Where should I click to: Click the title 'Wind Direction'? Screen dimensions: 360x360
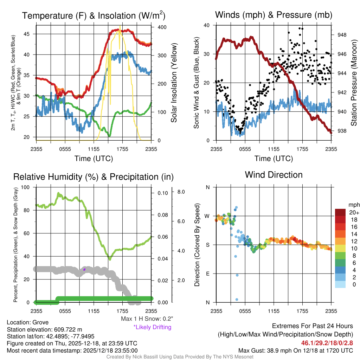point(274,175)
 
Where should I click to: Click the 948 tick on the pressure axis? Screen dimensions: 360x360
point(342,35)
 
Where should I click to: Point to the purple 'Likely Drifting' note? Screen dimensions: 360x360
point(152,327)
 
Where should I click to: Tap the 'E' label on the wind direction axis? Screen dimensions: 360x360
point(207,274)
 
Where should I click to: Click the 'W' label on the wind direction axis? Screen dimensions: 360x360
point(207,216)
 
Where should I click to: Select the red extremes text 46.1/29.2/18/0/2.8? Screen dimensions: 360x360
point(327,343)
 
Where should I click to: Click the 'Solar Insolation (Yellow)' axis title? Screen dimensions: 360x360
point(174,83)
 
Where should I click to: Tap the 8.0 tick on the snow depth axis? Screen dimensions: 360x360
point(181,192)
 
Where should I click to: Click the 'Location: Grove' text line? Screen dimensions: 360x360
point(28,322)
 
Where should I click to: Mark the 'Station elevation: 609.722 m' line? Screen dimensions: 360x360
point(44,329)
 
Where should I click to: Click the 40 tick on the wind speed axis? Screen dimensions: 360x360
point(207,25)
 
